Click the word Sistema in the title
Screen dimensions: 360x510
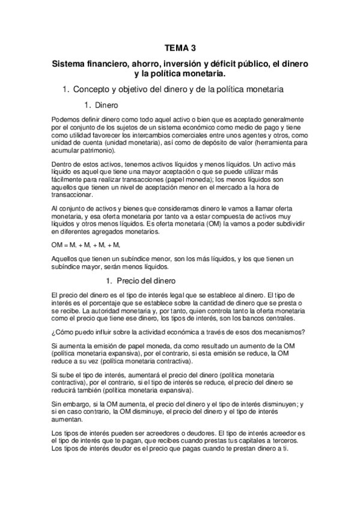coord(70,63)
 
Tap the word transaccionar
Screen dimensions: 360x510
coord(71,195)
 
